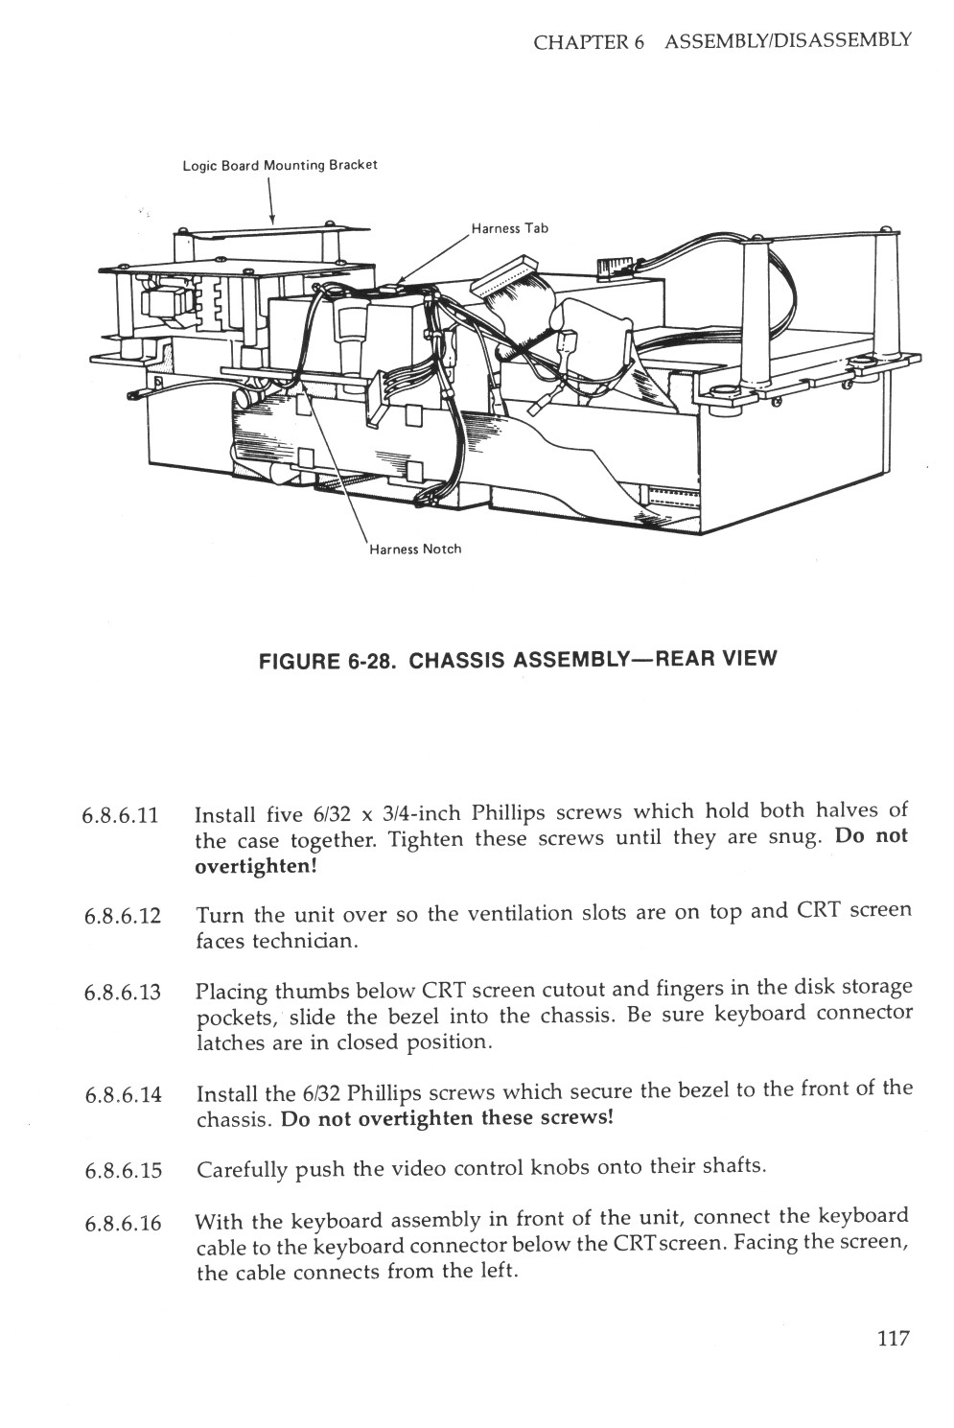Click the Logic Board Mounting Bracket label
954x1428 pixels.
click(280, 165)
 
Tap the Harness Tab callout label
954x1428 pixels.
click(509, 228)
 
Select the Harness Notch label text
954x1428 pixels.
click(415, 550)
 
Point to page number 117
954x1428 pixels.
click(892, 1339)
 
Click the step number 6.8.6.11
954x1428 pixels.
click(120, 817)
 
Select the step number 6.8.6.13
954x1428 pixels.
click(122, 992)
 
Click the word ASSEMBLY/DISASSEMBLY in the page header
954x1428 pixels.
click(787, 41)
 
